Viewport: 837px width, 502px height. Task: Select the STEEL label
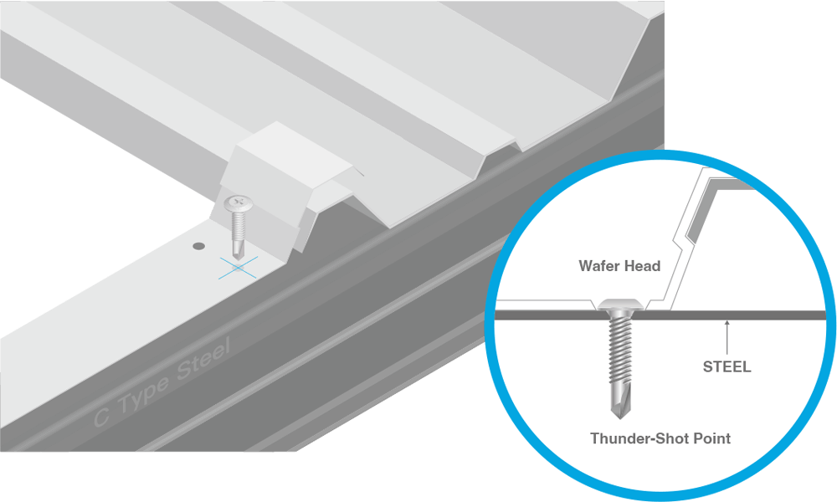point(727,366)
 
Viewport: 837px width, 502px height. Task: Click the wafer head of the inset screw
point(620,305)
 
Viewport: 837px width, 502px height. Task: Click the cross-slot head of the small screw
point(238,202)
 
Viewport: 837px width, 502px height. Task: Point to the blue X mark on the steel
point(238,267)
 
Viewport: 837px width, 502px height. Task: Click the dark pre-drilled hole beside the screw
point(198,246)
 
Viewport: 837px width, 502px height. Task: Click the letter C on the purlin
point(102,417)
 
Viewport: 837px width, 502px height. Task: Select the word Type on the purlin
point(142,392)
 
